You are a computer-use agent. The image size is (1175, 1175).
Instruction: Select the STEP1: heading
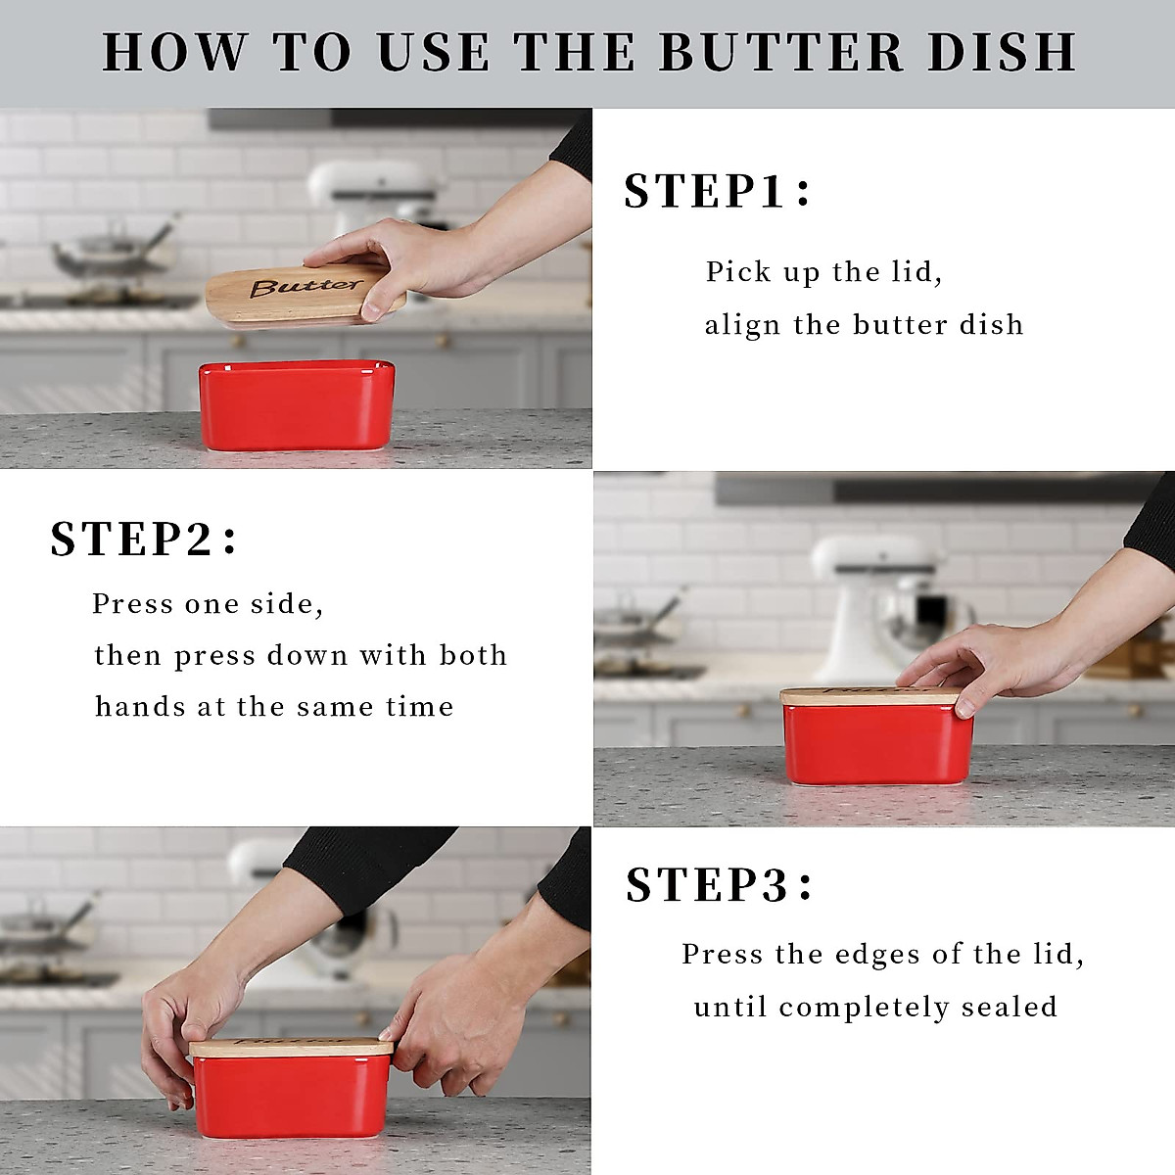pos(718,191)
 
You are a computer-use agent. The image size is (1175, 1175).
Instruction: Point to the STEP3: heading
pos(720,885)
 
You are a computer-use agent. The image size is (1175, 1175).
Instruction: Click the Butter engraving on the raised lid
pos(305,287)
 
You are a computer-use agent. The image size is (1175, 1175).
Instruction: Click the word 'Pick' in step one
pos(738,272)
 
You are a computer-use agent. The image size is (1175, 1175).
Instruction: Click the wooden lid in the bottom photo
pos(291,1047)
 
